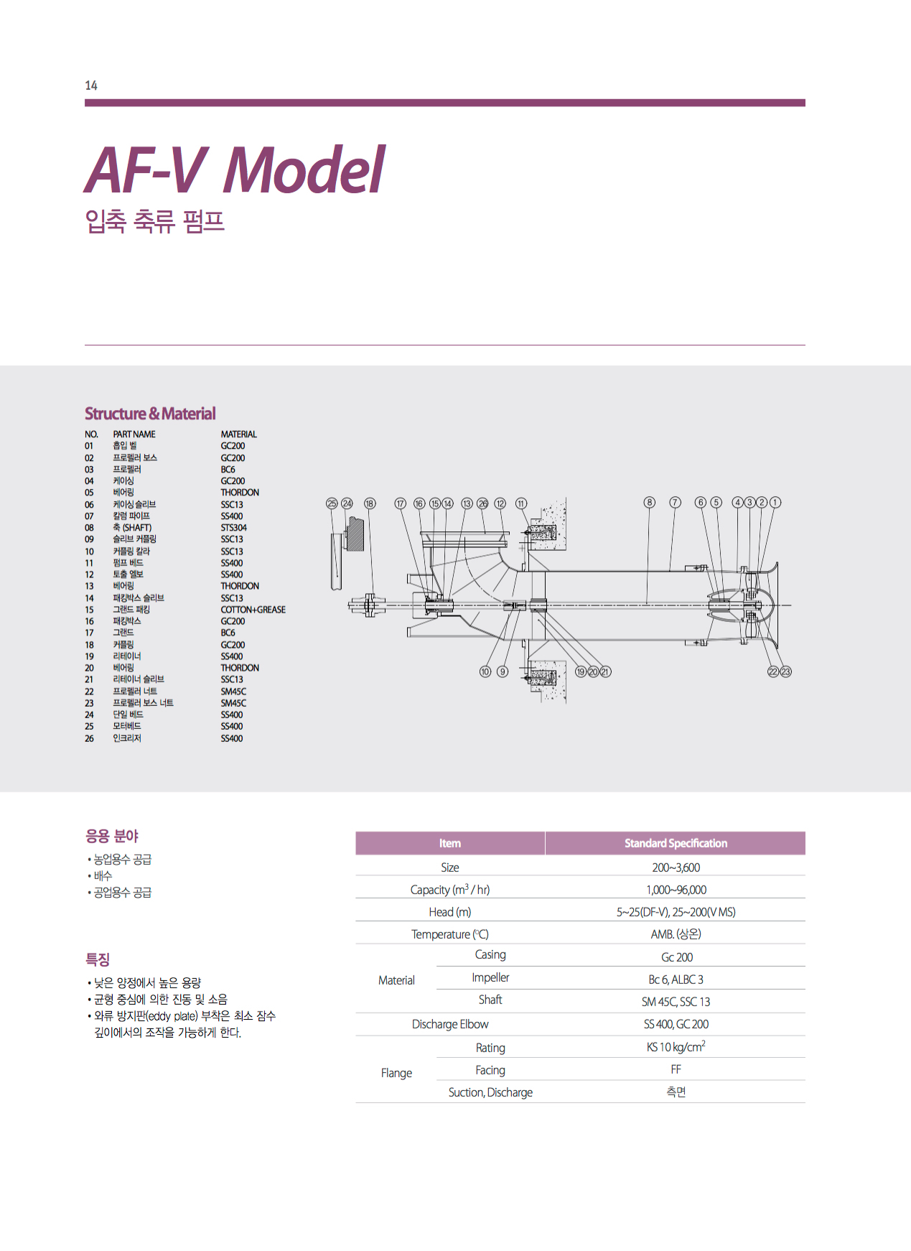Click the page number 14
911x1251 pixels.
(x=91, y=85)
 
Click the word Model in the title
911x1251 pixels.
(x=304, y=170)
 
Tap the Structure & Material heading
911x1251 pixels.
(x=150, y=414)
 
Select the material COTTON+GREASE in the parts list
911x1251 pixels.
(x=253, y=610)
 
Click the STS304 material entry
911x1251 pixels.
(x=233, y=528)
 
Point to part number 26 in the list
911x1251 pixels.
(x=89, y=738)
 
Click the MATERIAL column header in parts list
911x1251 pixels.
(x=238, y=434)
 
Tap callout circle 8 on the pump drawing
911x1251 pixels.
(x=649, y=503)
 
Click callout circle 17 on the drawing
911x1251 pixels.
(x=401, y=503)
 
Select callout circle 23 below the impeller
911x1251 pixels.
(x=785, y=671)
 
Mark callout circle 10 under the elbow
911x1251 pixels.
(x=485, y=671)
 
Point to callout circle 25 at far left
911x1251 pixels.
(x=332, y=503)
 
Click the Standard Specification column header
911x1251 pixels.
(x=675, y=843)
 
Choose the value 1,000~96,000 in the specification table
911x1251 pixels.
(x=676, y=890)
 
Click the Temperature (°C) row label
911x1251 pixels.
(x=449, y=934)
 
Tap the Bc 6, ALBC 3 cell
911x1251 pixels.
(x=676, y=980)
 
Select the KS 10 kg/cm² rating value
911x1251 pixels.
(x=676, y=1047)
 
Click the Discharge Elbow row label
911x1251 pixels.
(x=449, y=1024)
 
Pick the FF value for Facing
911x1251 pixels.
(x=676, y=1069)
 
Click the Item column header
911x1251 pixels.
(x=449, y=843)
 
